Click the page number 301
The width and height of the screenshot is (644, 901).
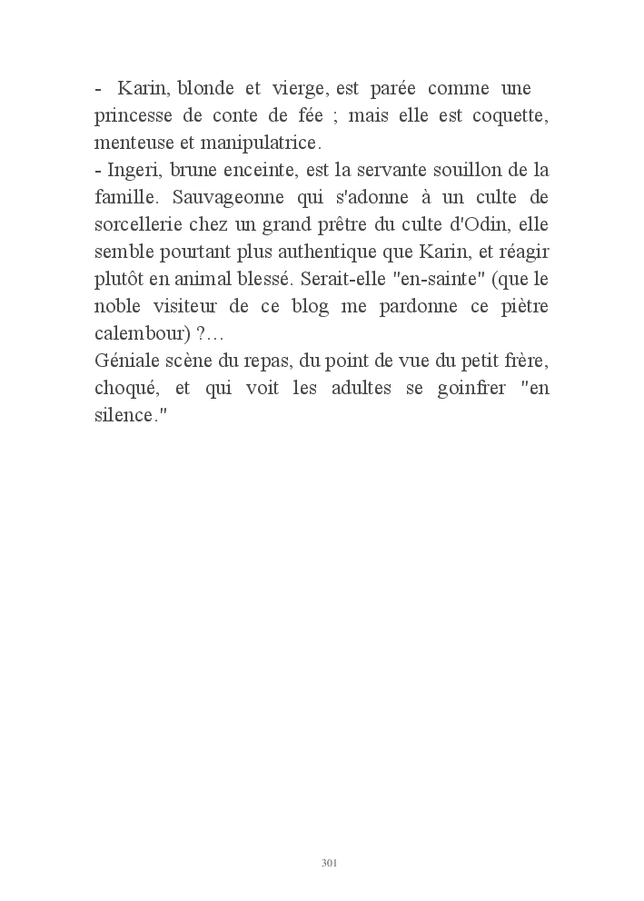(x=330, y=862)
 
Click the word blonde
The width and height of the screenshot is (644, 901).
(x=206, y=89)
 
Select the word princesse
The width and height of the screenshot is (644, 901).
(x=136, y=116)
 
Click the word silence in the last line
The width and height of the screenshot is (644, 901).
(x=125, y=415)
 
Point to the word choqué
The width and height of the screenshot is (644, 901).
(x=126, y=388)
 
